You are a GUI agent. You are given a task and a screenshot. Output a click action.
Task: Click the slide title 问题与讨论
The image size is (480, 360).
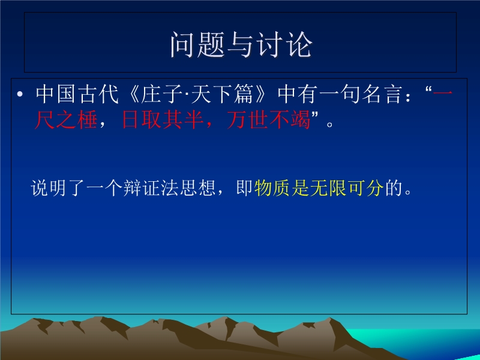point(241,44)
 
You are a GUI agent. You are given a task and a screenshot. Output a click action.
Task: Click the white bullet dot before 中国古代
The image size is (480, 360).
point(20,94)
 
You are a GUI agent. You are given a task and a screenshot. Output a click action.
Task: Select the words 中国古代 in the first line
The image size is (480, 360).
point(77,94)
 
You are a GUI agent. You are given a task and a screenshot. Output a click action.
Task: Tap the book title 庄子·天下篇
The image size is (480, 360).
point(197,94)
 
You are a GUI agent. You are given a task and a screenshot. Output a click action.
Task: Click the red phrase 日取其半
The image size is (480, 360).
point(163,119)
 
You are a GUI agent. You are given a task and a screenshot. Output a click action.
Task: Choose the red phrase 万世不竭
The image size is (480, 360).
point(268,119)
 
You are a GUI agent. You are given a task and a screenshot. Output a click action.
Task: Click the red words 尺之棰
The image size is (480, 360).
point(66,119)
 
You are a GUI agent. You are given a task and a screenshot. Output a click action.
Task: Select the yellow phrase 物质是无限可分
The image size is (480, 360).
point(319,188)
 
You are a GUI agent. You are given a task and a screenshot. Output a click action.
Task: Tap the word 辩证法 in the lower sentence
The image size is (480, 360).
point(151,188)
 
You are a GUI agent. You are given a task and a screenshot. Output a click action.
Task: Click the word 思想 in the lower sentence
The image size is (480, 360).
point(197,188)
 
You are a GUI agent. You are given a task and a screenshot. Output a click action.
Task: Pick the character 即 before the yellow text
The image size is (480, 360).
point(244,188)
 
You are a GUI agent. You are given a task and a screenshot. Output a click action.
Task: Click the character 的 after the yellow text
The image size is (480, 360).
point(394,188)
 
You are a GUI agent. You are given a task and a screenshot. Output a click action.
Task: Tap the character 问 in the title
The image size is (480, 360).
point(183,44)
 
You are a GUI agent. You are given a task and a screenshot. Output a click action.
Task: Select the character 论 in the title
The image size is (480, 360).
point(299,44)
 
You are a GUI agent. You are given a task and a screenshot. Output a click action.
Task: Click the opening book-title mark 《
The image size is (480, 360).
point(133,94)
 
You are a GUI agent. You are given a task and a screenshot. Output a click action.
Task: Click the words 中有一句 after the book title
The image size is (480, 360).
point(319,94)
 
